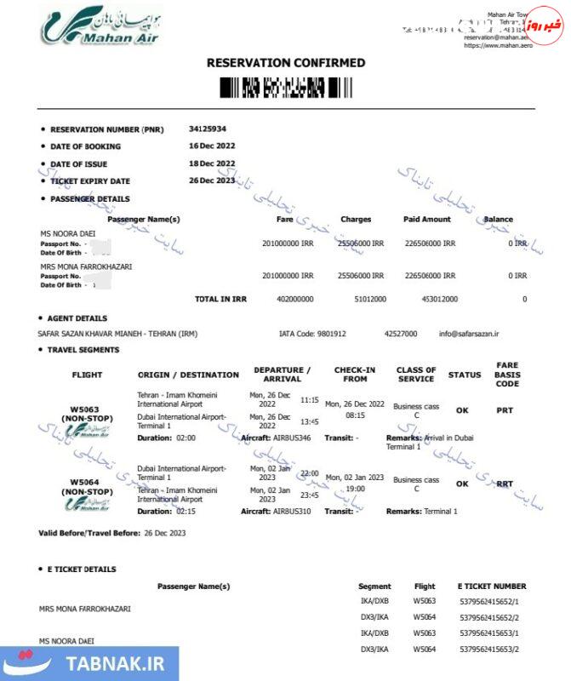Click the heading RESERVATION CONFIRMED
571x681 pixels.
[286, 63]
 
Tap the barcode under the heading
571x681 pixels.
[286, 87]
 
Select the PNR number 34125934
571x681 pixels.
[208, 129]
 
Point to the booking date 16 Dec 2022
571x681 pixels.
[212, 146]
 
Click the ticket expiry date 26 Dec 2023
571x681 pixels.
[212, 180]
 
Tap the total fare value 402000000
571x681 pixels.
[295, 300]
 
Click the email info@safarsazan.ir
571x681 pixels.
[470, 334]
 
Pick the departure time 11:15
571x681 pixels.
[310, 399]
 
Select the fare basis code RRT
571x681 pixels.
[505, 484]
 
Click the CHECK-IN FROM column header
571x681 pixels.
[355, 375]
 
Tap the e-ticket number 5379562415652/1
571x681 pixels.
[488, 601]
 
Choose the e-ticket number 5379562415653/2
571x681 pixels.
[488, 650]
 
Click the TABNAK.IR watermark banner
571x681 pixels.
[89, 663]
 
